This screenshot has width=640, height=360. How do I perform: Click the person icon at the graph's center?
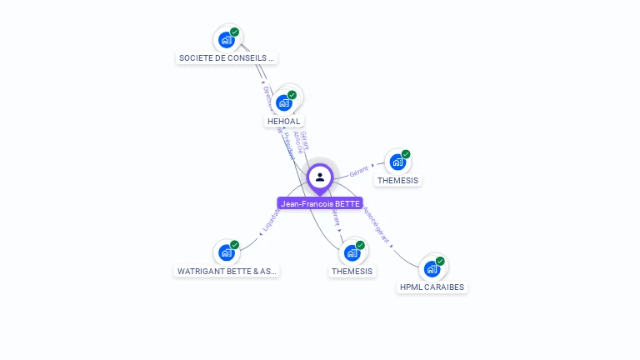(320, 177)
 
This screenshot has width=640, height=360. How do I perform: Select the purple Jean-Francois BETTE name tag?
(320, 203)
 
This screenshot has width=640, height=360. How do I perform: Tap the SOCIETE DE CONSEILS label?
(227, 58)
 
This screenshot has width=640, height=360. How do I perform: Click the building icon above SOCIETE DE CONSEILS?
(226, 39)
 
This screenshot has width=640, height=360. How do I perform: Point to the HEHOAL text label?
(284, 122)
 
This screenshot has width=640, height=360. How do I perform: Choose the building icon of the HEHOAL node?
(284, 102)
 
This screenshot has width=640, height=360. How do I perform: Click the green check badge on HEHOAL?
(292, 95)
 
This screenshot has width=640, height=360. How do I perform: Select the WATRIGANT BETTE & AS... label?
(227, 271)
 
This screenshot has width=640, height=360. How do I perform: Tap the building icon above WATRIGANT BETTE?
(226, 252)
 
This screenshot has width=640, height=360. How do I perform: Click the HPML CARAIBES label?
(432, 287)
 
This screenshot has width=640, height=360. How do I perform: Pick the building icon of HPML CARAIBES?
(432, 268)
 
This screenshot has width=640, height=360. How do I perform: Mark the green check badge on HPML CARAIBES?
(440, 261)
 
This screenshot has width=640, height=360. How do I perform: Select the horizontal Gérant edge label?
(358, 171)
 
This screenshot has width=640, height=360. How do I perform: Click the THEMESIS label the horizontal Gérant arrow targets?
(397, 181)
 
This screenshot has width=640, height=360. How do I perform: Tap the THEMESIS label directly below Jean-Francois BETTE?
(352, 271)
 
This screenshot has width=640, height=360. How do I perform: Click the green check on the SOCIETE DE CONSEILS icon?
(234, 32)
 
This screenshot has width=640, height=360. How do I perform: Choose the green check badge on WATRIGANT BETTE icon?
(234, 245)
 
